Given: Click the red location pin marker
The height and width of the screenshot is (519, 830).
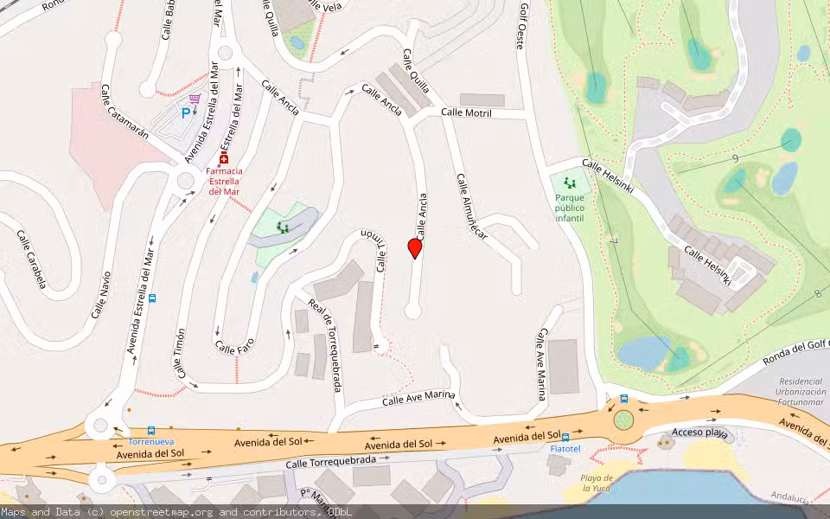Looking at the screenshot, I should pyautogui.click(x=415, y=248).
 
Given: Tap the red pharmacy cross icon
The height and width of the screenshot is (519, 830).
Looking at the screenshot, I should pyautogui.click(x=224, y=160).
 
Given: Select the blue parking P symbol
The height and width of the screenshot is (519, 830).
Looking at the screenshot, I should pyautogui.click(x=185, y=112).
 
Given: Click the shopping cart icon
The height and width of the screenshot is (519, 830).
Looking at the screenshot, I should pyautogui.click(x=195, y=99).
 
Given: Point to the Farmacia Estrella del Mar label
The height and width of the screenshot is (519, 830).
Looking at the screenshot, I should pyautogui.click(x=224, y=181).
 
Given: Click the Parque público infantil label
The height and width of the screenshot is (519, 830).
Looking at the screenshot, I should pyautogui.click(x=570, y=208).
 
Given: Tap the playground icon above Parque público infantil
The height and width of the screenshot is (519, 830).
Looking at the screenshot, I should pyautogui.click(x=569, y=183).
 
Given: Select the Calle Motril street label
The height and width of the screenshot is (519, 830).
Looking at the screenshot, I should pyautogui.click(x=466, y=113).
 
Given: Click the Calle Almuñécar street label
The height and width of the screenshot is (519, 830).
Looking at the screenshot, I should pyautogui.click(x=472, y=207).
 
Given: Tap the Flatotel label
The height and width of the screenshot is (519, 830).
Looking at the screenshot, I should pyautogui.click(x=565, y=449).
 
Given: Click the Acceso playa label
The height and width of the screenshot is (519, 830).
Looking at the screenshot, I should pyautogui.click(x=701, y=432).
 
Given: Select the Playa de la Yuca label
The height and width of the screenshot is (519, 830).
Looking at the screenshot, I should pyautogui.click(x=597, y=483).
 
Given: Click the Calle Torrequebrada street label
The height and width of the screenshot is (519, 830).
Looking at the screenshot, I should pyautogui.click(x=333, y=464).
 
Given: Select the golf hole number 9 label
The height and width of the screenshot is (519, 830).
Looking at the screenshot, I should pyautogui.click(x=734, y=158).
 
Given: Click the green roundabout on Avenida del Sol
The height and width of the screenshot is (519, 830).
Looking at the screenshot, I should pyautogui.click(x=623, y=420).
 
